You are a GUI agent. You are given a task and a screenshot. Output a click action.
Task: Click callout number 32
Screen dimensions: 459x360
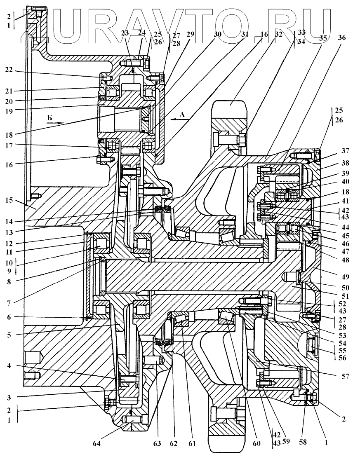[279, 35]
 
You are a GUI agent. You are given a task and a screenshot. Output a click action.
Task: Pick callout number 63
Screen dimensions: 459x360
[157, 444]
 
